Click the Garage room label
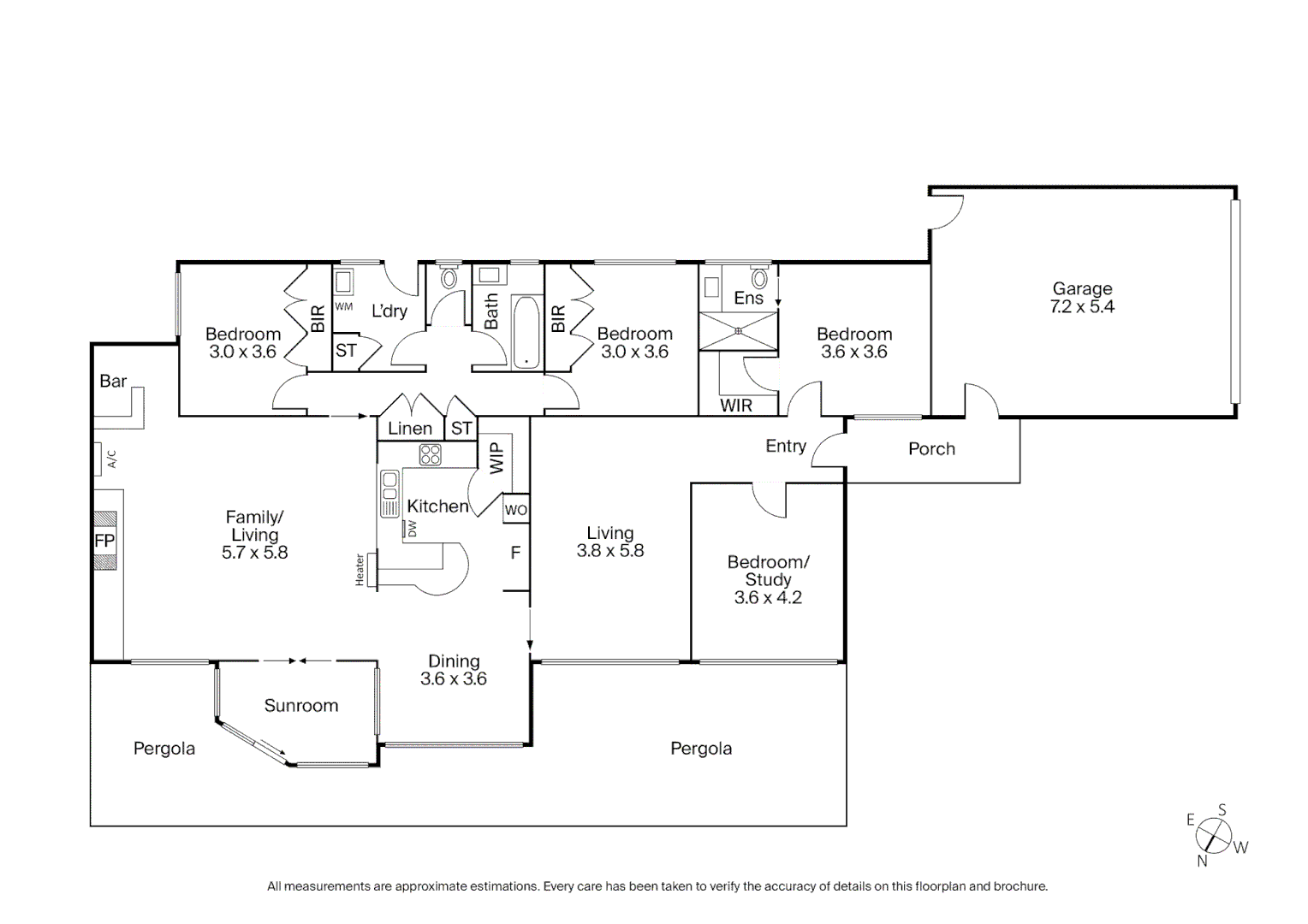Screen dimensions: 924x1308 coord(1082,289)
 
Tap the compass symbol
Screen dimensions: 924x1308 coord(1213,835)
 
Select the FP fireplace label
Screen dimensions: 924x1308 coord(104,541)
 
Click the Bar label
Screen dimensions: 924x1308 coord(113,382)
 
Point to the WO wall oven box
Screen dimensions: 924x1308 coord(515,511)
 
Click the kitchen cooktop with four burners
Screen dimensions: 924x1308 coord(430,454)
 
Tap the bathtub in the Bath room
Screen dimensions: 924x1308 coord(526,333)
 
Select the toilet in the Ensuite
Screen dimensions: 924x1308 coord(758,279)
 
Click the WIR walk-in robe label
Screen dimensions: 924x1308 coord(736,406)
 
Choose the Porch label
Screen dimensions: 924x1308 coord(931,449)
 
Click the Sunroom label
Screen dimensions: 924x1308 coord(300,706)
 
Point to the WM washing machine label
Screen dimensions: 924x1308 coord(343,306)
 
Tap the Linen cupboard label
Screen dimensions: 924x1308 coord(410,429)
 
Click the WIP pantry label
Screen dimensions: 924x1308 coord(497,458)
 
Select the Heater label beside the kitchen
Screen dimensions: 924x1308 coord(360,570)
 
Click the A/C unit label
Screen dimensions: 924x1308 coord(111,459)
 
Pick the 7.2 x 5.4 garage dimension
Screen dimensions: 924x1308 coord(1082,307)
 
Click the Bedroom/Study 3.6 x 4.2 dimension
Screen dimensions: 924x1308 coord(768,598)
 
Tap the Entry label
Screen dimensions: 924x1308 coord(786,447)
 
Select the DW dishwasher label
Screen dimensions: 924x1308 coord(412,530)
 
